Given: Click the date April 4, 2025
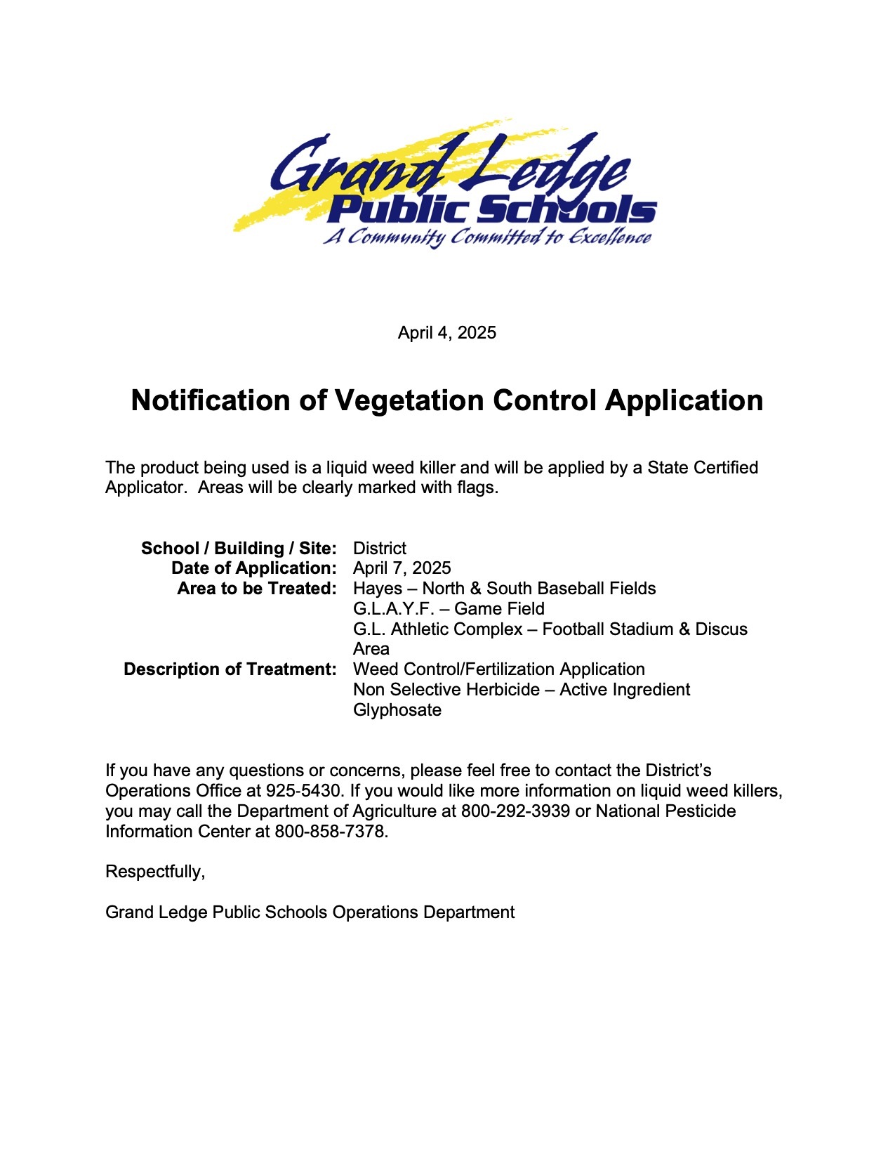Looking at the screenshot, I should click(x=446, y=332).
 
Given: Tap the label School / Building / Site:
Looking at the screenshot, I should click(x=239, y=548).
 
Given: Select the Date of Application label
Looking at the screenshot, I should click(x=253, y=568).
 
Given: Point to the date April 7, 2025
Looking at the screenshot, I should click(x=402, y=568).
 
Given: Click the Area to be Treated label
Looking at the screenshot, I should click(x=257, y=589).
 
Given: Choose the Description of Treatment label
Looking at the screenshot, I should click(x=230, y=669).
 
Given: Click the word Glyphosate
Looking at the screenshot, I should click(x=397, y=710).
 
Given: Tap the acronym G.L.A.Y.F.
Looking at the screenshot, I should click(x=394, y=609).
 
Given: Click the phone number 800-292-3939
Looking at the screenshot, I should click(x=515, y=811).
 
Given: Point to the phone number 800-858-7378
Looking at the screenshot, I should click(x=329, y=832).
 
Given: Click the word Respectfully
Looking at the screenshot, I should click(x=154, y=872).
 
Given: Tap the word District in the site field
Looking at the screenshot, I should click(x=380, y=548).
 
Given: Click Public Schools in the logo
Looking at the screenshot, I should click(x=491, y=209).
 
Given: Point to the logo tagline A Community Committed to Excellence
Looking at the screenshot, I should click(x=487, y=237).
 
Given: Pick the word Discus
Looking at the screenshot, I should click(x=721, y=629).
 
